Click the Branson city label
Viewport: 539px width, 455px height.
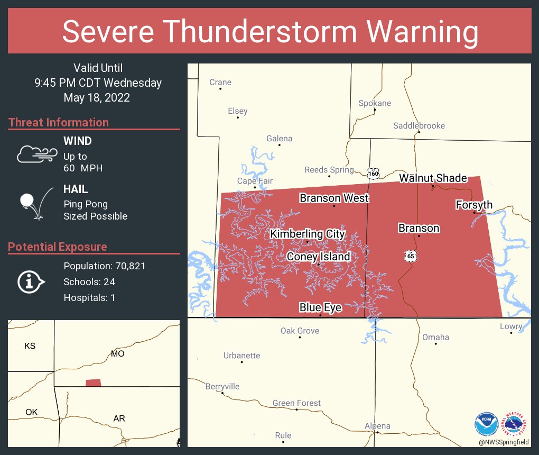(419, 228)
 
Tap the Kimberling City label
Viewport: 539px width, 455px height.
(308, 234)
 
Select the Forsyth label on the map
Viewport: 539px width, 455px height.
(474, 205)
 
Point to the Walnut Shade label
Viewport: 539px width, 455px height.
(433, 178)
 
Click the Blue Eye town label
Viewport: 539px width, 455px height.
(320, 307)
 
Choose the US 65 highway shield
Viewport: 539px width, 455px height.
(410, 256)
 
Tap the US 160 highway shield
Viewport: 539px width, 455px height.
(374, 173)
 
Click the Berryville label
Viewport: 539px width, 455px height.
(222, 386)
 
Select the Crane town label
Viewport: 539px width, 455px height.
(220, 82)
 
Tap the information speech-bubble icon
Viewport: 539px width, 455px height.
(31, 282)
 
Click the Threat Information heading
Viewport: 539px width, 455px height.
(59, 122)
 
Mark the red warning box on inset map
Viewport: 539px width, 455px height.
(93, 383)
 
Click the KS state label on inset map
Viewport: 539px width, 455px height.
(30, 346)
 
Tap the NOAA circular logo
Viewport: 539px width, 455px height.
(486, 424)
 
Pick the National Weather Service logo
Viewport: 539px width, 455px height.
(516, 424)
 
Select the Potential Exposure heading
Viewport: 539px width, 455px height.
(58, 247)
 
